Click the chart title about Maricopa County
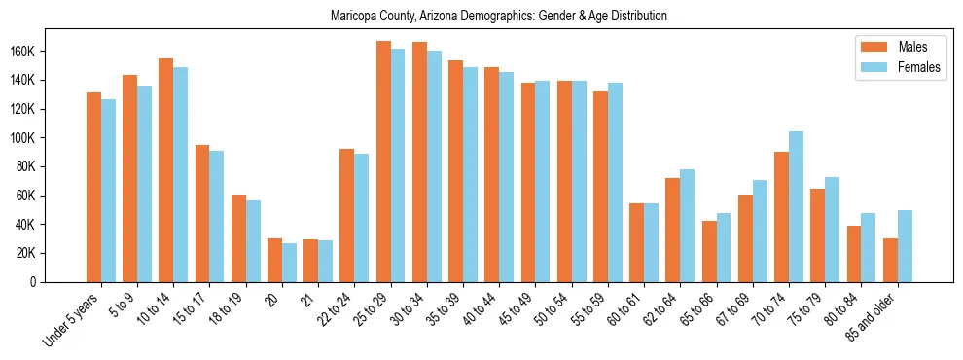coord(498,17)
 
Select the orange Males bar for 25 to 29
coord(383,162)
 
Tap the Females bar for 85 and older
coord(905,246)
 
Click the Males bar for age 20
coord(274,260)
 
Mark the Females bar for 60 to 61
coord(651,242)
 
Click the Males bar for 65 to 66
coord(709,251)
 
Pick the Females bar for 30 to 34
coord(434,166)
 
